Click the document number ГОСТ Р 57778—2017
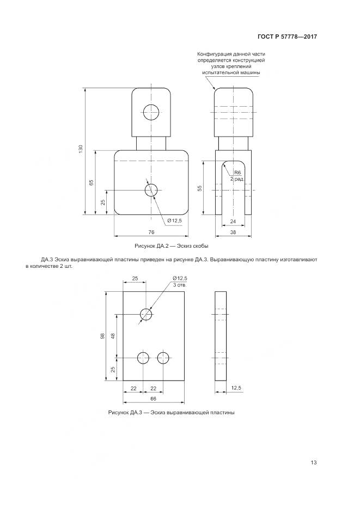click(x=287, y=36)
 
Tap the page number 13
click(x=314, y=463)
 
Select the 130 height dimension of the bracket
click(x=81, y=149)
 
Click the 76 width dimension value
click(x=151, y=232)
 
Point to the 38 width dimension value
click(x=233, y=232)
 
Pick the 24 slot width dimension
click(x=233, y=222)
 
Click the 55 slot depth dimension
click(x=200, y=188)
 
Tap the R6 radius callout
click(x=238, y=173)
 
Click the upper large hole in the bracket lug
click(x=151, y=112)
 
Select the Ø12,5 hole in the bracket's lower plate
click(x=151, y=190)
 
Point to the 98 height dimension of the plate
click(x=102, y=336)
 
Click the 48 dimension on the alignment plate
click(x=113, y=336)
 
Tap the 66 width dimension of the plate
click(x=154, y=398)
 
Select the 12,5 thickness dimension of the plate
click(x=236, y=388)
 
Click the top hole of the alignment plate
click(x=146, y=314)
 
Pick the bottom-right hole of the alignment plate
click(x=163, y=358)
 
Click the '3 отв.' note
click(x=180, y=285)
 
